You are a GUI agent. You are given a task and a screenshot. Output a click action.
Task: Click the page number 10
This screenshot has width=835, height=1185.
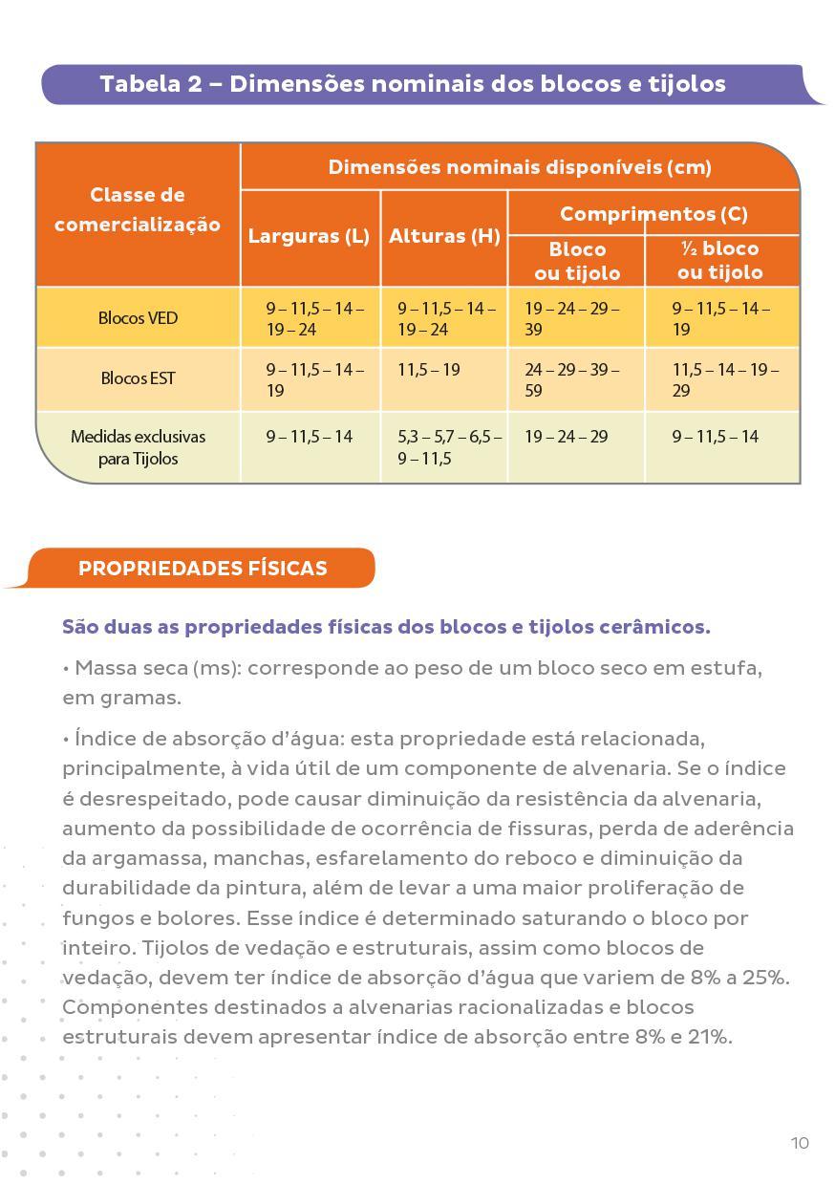pyautogui.click(x=800, y=1143)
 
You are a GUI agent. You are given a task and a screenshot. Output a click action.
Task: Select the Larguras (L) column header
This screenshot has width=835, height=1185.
pyautogui.click(x=309, y=236)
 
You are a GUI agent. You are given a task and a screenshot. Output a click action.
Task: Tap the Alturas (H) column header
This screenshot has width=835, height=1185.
pyautogui.click(x=444, y=236)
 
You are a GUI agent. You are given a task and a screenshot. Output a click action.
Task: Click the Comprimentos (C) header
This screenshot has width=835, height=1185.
pyautogui.click(x=653, y=213)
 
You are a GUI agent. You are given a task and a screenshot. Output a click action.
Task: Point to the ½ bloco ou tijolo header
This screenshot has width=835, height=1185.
pyautogui.click(x=720, y=260)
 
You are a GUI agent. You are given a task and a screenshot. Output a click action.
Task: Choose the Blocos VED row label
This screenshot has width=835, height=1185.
pyautogui.click(x=138, y=317)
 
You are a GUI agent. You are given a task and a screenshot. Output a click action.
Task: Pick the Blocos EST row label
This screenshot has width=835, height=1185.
pyautogui.click(x=138, y=377)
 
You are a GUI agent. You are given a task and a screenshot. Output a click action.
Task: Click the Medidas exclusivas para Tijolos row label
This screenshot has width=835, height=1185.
pyautogui.click(x=138, y=447)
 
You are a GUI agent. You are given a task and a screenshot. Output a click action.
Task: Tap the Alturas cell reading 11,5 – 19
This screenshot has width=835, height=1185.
pyautogui.click(x=429, y=370)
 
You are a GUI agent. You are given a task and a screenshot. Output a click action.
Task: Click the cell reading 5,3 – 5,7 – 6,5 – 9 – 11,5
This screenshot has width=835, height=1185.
pyautogui.click(x=448, y=447)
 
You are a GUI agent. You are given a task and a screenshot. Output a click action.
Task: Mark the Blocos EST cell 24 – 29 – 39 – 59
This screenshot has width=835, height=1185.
pyautogui.click(x=571, y=379)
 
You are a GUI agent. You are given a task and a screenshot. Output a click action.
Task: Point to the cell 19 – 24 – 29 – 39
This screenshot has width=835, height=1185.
pyautogui.click(x=571, y=318)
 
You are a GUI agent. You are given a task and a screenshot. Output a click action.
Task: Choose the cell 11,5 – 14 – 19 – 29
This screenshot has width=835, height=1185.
pyautogui.click(x=724, y=379)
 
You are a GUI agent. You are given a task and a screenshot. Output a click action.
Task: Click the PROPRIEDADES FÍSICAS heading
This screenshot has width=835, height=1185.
pyautogui.click(x=203, y=568)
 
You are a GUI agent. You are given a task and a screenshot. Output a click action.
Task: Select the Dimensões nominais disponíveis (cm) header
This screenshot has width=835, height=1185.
pyautogui.click(x=520, y=167)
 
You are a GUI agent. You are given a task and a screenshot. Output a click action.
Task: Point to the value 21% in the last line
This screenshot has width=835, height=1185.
pyautogui.click(x=709, y=1037)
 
